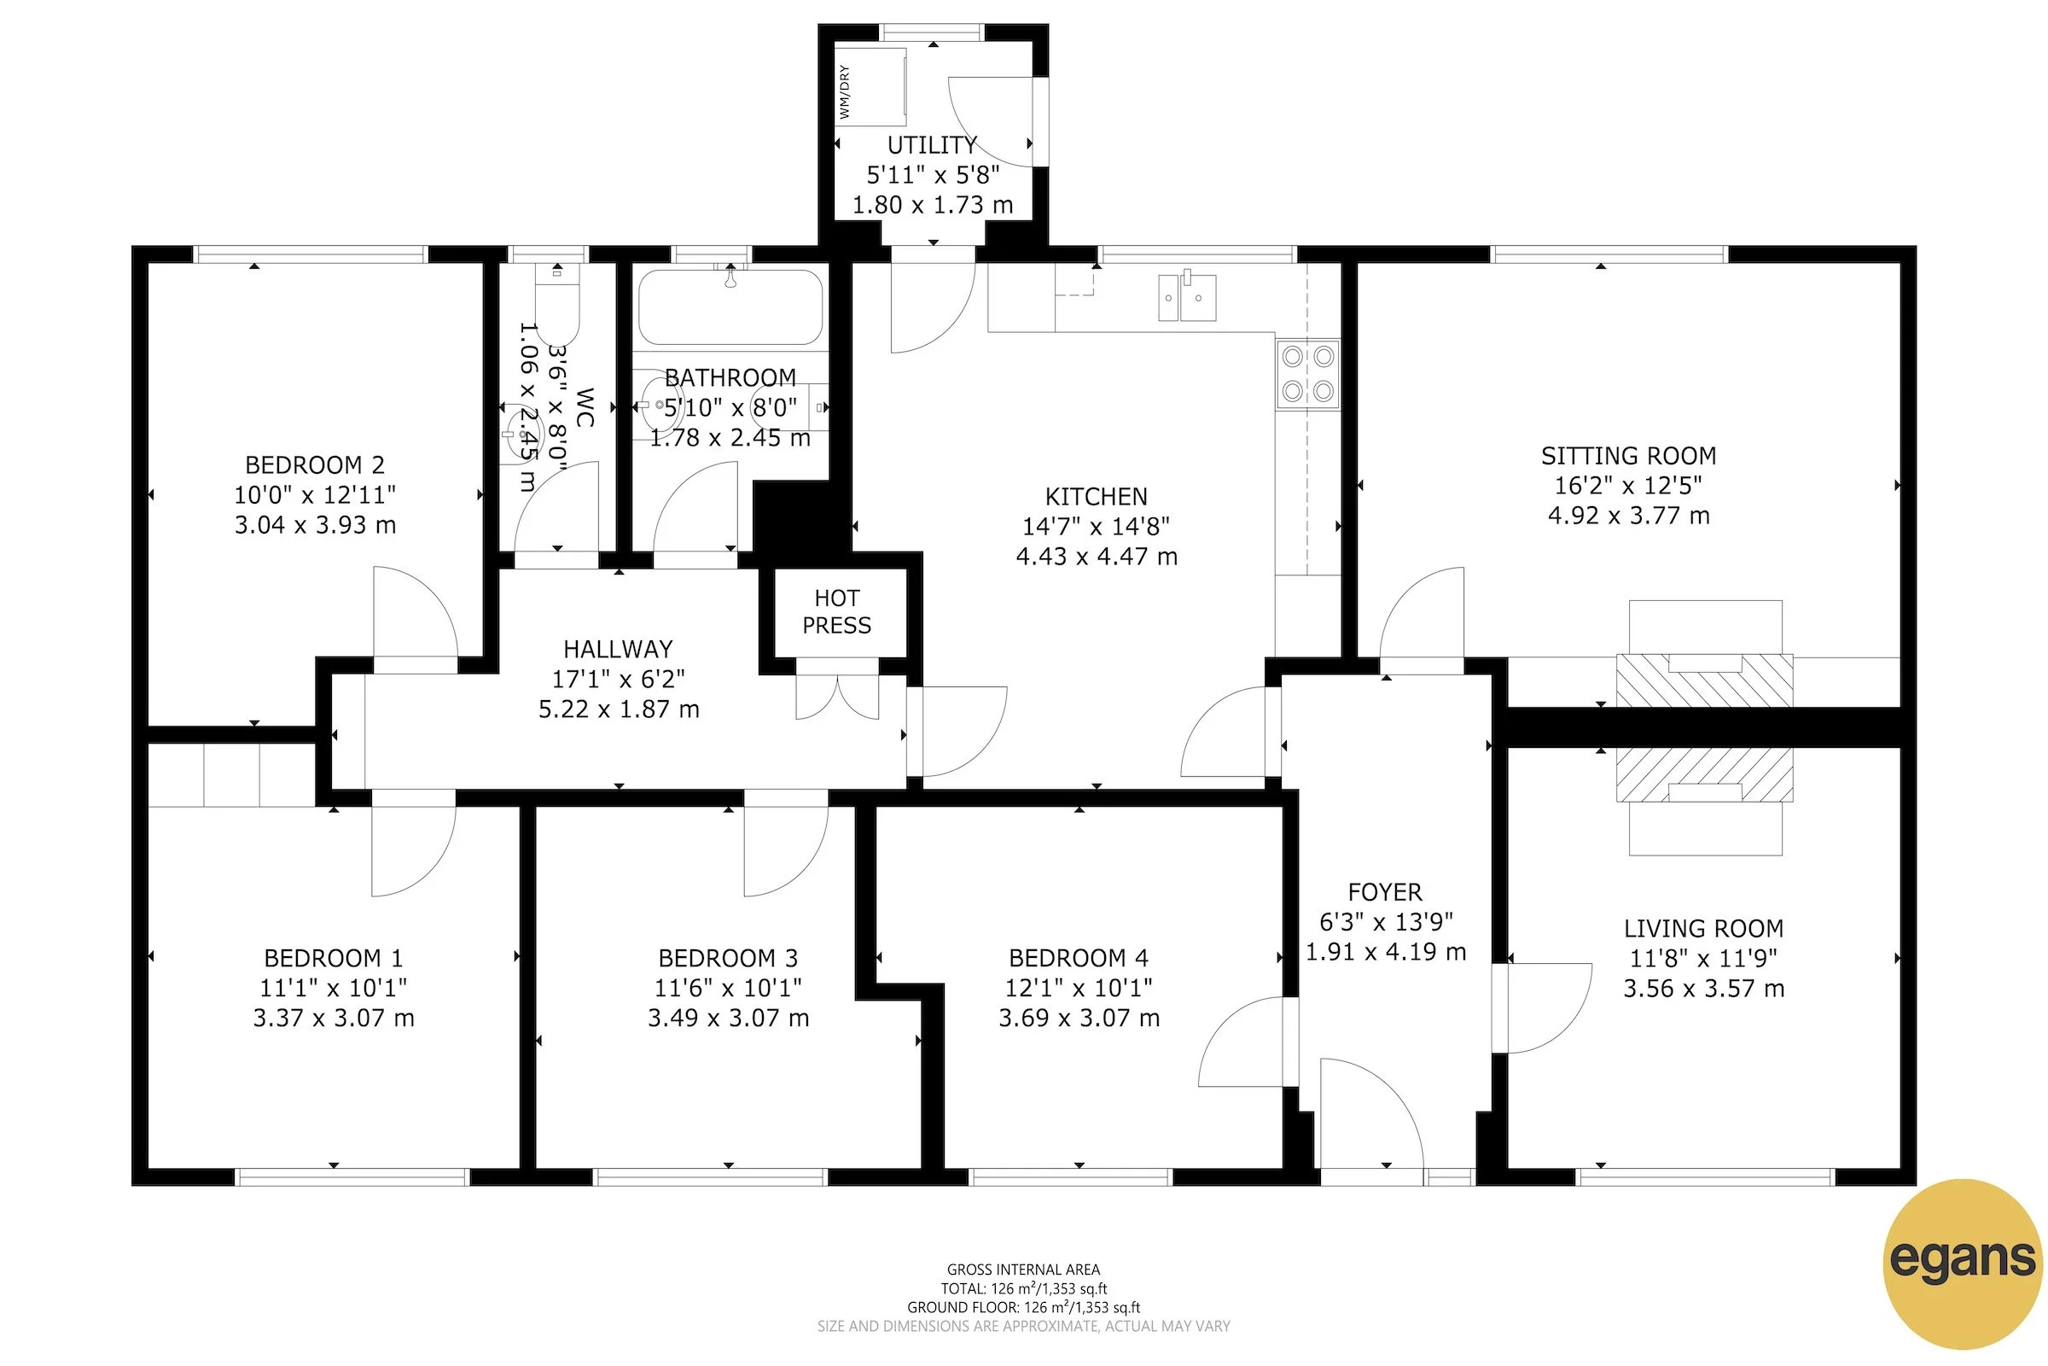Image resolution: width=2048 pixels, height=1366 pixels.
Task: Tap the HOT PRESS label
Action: tap(836, 611)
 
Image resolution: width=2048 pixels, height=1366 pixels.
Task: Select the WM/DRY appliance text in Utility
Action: tap(844, 92)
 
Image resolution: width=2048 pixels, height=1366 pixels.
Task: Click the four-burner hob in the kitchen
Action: tap(1307, 374)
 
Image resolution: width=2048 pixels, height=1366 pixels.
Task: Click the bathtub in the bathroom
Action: tap(730, 306)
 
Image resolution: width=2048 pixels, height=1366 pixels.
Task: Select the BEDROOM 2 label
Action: tap(314, 464)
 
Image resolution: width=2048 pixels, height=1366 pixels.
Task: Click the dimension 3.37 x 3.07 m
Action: tap(334, 1018)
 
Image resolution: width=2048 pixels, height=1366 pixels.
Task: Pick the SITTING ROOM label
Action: tap(1627, 456)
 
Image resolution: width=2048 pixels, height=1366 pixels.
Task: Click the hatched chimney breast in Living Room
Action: tap(1703, 773)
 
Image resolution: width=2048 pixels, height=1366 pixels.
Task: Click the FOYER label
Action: tap(1384, 892)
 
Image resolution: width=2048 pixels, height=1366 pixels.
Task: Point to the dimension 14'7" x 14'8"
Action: tap(1096, 526)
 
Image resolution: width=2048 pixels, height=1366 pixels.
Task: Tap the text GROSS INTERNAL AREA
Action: tap(1023, 1270)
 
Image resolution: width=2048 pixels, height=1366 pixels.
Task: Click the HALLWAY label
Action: tap(617, 649)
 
